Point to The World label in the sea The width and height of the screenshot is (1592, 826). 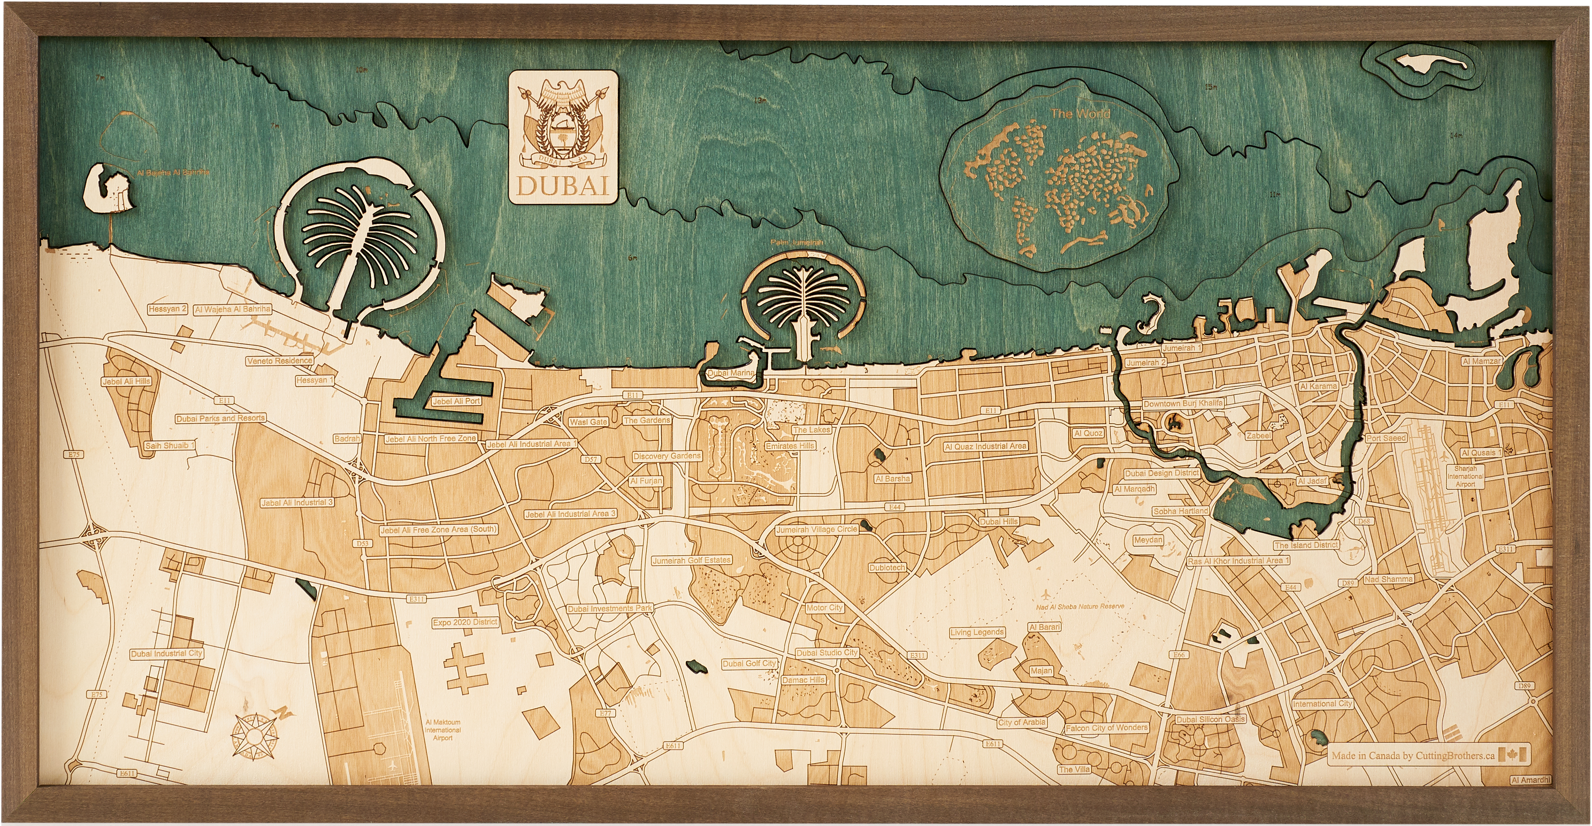pyautogui.click(x=1080, y=114)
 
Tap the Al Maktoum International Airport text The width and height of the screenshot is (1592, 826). pyautogui.click(x=443, y=730)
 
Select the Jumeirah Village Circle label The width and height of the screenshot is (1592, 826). pyautogui.click(x=816, y=530)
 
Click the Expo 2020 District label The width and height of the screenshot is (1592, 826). pyautogui.click(x=465, y=622)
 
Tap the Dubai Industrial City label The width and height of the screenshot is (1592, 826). pyautogui.click(x=167, y=653)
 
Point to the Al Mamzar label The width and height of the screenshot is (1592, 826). pyautogui.click(x=1481, y=361)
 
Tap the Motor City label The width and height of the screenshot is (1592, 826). pyautogui.click(x=824, y=607)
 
